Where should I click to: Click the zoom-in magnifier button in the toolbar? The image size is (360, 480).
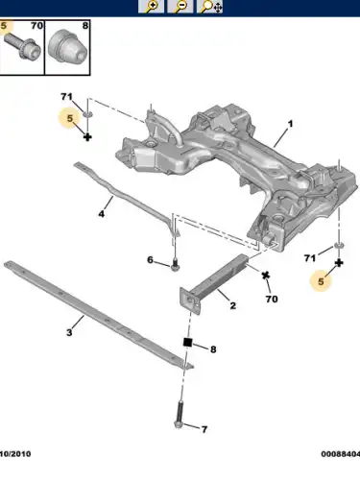coord(151,7)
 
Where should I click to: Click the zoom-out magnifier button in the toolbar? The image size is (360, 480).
coord(180,7)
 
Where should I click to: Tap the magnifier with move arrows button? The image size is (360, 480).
coord(210,7)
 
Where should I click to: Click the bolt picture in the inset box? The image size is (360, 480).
coord(22,47)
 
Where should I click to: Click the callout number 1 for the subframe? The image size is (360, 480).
coord(290,124)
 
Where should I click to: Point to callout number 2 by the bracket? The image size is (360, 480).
coord(233,305)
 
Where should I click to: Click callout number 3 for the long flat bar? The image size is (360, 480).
coord(69,332)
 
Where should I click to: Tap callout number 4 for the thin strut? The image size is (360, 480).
coord(102,213)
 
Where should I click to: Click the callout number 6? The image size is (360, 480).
coord(150,259)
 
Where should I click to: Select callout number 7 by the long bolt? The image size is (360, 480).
coord(204,429)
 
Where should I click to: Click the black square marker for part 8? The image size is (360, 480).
coord(187,342)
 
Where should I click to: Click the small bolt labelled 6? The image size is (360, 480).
coord(175,264)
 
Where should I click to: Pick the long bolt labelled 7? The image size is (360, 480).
coord(179,415)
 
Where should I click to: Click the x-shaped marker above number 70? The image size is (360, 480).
coord(266,276)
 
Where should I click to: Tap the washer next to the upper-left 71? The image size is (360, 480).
coord(87,114)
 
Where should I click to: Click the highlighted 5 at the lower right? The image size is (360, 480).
coord(321,281)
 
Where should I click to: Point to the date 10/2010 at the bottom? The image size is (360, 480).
coord(15,454)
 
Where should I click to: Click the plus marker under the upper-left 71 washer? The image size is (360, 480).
coord(87,137)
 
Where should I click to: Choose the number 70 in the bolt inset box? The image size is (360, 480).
coord(37,26)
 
